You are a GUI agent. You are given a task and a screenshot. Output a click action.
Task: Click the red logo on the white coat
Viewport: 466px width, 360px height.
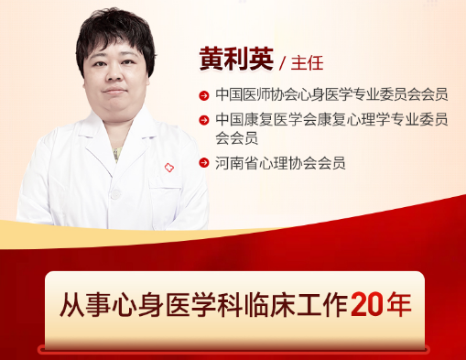click(168, 168)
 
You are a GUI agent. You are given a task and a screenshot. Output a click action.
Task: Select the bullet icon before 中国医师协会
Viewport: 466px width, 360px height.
click(203, 94)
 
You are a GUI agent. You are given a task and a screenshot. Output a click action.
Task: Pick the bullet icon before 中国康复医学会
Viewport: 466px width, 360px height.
click(203, 119)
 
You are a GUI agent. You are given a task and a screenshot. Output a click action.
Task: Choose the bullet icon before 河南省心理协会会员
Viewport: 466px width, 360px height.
click(203, 164)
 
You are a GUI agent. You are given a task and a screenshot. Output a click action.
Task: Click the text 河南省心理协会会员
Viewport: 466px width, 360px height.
click(280, 164)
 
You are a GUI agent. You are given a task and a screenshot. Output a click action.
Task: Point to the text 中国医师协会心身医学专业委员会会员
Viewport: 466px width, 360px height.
click(331, 94)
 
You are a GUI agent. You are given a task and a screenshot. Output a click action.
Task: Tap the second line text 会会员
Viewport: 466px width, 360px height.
click(235, 139)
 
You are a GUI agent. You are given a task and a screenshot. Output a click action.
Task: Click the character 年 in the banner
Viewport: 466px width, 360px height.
click(397, 304)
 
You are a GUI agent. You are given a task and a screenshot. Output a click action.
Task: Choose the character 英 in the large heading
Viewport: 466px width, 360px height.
click(263, 59)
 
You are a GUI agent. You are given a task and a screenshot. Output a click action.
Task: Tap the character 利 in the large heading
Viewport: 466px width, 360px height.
click(239, 59)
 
